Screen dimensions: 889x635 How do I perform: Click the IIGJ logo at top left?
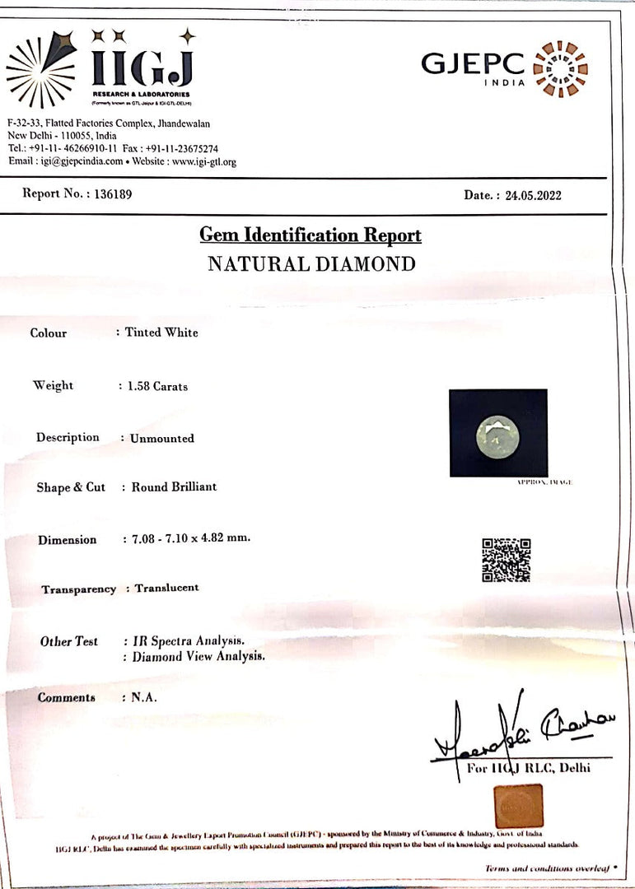point(100,69)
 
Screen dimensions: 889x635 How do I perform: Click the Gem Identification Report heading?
point(310,235)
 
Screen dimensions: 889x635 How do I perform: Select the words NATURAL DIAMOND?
point(311,264)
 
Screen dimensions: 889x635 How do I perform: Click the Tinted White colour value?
point(161,333)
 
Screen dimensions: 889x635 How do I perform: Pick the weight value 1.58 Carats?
point(157,386)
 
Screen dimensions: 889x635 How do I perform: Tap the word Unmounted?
point(162,439)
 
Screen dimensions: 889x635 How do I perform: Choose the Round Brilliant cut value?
point(175,486)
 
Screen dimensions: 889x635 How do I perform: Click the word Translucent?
point(167,588)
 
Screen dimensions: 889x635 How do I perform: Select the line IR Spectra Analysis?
point(189,640)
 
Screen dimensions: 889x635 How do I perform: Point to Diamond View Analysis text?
point(198,657)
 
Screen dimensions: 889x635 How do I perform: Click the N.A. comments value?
point(144,697)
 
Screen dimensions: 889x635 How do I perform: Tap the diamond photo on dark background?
point(497,433)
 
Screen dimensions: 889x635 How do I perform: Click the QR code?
point(506,560)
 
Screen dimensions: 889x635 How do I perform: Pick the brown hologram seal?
point(518,805)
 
